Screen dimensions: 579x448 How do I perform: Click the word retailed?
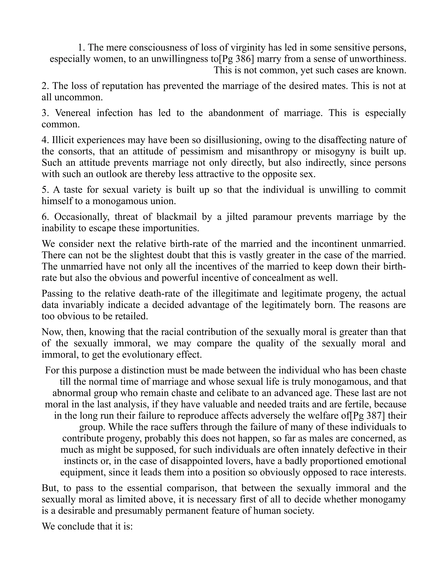tap(131, 316)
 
